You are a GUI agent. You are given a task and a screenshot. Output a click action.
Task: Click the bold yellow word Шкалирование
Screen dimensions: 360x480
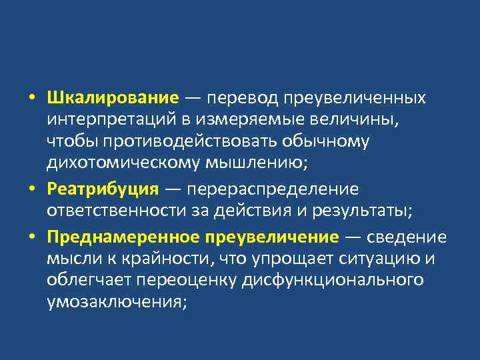(x=113, y=98)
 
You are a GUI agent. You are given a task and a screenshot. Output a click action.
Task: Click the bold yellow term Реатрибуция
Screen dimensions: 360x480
(x=103, y=189)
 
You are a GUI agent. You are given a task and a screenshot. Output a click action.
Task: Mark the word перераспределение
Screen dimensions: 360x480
(x=273, y=189)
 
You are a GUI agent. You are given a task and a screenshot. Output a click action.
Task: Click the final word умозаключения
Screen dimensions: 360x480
(x=116, y=301)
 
